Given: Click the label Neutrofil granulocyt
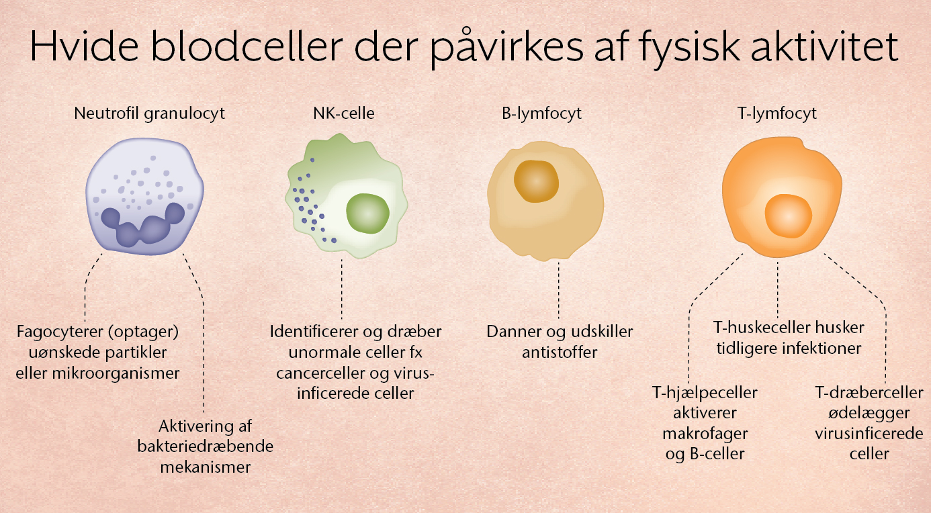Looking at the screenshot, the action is (x=149, y=113).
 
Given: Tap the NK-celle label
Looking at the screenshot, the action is (x=344, y=113).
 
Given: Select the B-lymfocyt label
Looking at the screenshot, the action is (x=541, y=113).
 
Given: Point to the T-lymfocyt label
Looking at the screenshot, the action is (x=777, y=113).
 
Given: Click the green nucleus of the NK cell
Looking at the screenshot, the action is (x=368, y=213).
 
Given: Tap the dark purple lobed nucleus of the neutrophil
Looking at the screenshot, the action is (x=142, y=226).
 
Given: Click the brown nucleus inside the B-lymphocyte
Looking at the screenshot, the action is (x=536, y=181).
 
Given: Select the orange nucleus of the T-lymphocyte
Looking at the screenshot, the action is (x=789, y=216).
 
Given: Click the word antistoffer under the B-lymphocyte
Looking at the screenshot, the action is (x=560, y=353).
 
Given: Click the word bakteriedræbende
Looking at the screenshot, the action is (x=206, y=446).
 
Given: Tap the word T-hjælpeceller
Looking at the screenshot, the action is (x=705, y=393).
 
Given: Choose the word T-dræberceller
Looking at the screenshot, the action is (x=869, y=392).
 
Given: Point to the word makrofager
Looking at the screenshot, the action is (x=705, y=434).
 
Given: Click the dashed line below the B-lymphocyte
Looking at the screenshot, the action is (x=559, y=290).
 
